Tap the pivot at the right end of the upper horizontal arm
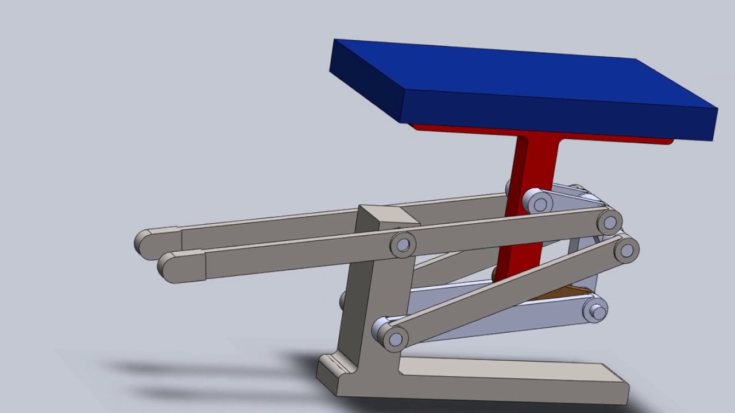point(610,221)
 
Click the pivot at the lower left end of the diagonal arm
point(394,338)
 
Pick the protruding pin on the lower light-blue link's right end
point(597,311)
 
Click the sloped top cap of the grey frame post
point(388,215)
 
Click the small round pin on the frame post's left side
point(343,300)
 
